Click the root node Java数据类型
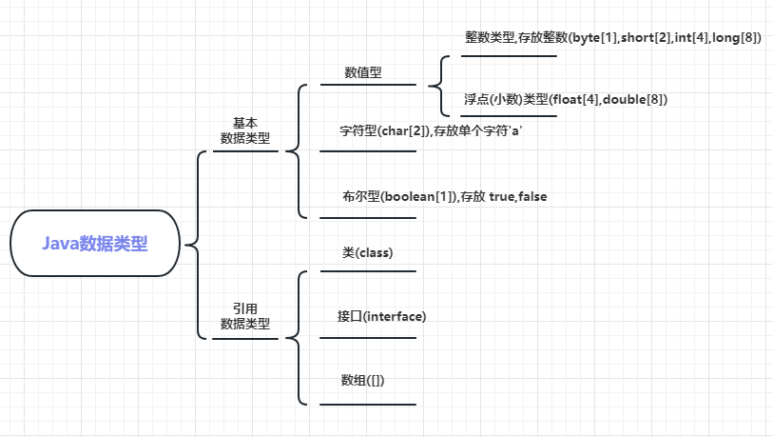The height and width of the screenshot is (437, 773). (x=95, y=244)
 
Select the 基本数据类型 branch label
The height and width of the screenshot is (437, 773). (x=244, y=130)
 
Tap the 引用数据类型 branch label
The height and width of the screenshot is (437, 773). (x=244, y=316)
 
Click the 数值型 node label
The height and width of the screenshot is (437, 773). (x=363, y=72)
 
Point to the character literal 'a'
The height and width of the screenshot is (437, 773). (x=517, y=130)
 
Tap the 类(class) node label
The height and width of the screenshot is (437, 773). (x=368, y=253)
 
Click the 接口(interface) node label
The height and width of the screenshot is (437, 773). (x=381, y=316)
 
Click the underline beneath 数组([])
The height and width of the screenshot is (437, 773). (x=368, y=405)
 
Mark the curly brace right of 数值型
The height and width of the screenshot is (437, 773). (x=443, y=86)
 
